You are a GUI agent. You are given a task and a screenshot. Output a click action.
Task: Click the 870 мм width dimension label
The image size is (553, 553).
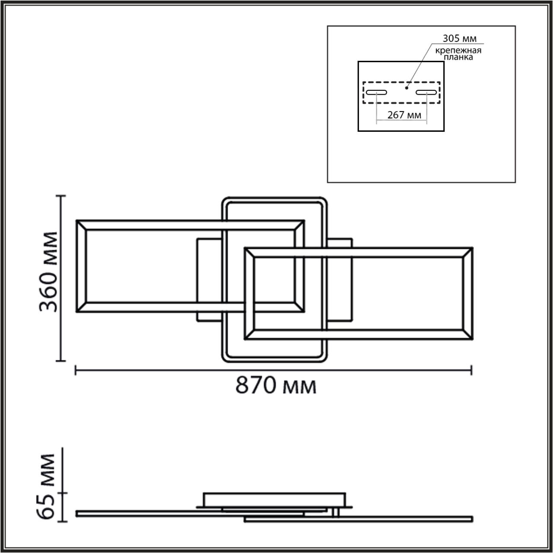click(x=276, y=385)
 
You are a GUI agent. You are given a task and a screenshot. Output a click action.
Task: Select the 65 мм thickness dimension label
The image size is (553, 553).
click(x=47, y=486)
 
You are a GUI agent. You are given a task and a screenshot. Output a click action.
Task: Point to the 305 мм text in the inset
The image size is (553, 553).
click(x=459, y=38)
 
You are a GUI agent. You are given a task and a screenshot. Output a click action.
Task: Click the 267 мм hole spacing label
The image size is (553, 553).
click(x=404, y=115)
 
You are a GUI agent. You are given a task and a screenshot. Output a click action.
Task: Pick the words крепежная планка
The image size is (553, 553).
click(x=458, y=54)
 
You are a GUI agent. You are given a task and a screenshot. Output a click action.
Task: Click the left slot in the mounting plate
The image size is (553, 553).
click(x=376, y=92)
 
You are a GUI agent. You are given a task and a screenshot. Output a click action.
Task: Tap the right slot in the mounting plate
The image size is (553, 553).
click(x=426, y=92)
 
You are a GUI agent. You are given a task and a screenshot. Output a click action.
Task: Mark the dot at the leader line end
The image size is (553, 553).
click(x=406, y=88)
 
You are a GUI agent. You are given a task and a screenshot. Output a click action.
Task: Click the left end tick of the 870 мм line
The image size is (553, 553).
click(x=76, y=370)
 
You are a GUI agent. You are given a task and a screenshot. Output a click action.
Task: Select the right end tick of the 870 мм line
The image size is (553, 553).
click(x=471, y=370)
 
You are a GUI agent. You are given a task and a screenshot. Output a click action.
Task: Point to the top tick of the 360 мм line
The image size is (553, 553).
click(x=62, y=196)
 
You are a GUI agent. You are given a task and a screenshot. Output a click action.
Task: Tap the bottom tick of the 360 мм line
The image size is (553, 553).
click(x=62, y=360)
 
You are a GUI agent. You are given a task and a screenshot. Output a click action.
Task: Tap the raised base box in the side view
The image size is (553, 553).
click(x=274, y=500)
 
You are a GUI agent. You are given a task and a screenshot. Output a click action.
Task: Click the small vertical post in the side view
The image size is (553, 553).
click(x=335, y=512)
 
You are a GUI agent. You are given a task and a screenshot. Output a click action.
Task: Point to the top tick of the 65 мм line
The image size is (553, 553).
click(x=63, y=448)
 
